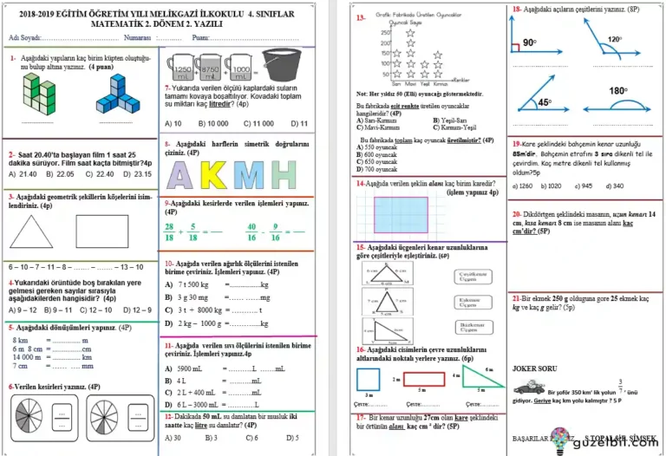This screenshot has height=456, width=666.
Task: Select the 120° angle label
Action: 615,39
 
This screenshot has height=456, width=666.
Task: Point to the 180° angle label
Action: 617,91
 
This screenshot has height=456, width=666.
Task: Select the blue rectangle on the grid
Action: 401,212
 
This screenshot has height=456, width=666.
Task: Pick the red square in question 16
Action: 369,380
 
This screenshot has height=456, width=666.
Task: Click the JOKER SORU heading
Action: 535,368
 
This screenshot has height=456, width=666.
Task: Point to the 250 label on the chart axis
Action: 384,32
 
